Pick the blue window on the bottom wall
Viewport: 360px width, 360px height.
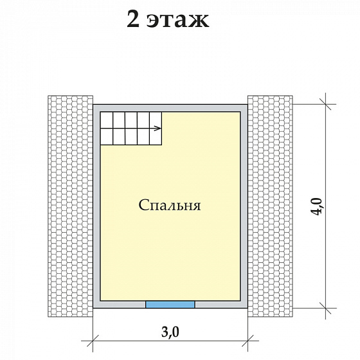[170, 303]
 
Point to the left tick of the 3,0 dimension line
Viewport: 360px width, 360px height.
[93, 340]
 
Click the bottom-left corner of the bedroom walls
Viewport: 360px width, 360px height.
[96, 305]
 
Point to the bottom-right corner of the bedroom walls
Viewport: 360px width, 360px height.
[244, 305]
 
